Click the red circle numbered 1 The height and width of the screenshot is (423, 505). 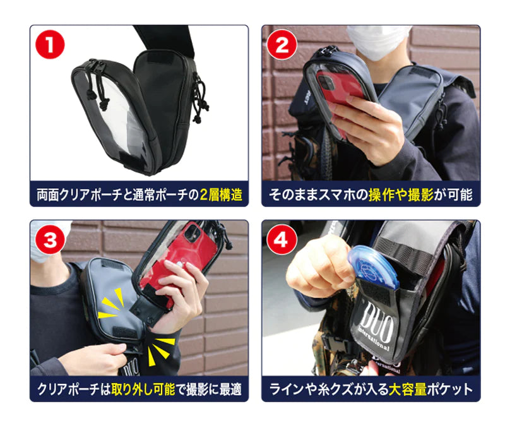click(x=50, y=44)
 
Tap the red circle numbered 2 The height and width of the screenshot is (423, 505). click(x=282, y=44)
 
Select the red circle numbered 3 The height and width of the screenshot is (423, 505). click(x=50, y=239)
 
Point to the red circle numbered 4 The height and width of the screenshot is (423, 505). click(x=280, y=239)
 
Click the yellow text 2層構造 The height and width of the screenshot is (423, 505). click(x=221, y=195)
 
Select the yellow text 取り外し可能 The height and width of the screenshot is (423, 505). click(x=143, y=389)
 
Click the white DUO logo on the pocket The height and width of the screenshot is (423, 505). click(x=375, y=325)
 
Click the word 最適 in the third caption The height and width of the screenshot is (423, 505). click(x=230, y=389)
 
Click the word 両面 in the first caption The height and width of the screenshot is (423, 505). click(x=48, y=195)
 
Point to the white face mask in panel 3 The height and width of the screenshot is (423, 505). click(x=49, y=240)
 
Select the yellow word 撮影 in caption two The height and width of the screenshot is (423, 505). click(x=420, y=195)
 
